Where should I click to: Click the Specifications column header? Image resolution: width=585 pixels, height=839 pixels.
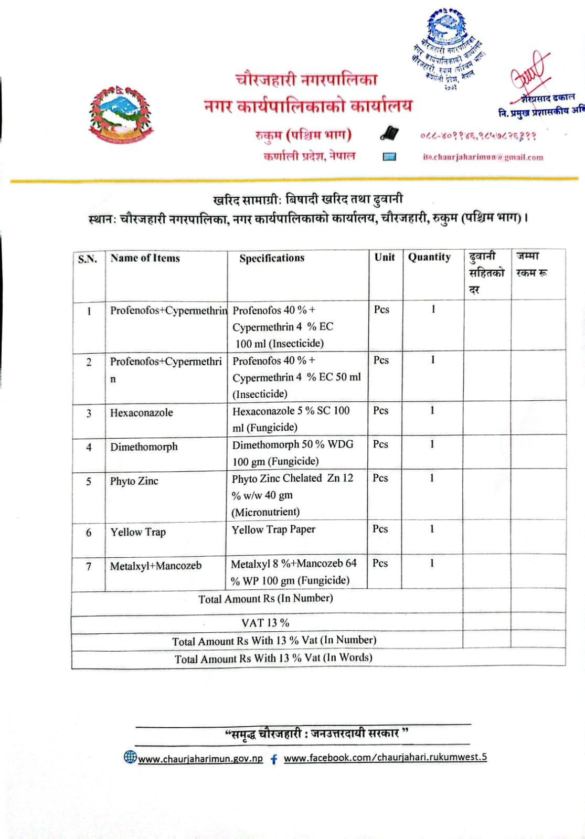tap(272, 258)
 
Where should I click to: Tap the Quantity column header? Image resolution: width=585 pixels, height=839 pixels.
tap(429, 257)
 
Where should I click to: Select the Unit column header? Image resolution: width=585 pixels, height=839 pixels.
tap(385, 257)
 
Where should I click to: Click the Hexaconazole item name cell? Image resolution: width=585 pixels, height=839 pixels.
tap(141, 412)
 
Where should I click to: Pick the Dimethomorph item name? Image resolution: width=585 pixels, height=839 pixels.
tap(144, 447)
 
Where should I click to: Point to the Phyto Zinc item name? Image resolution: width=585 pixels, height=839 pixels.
tap(134, 481)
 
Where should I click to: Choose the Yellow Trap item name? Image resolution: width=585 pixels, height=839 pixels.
tap(138, 532)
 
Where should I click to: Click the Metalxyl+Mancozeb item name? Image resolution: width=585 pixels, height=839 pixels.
tap(155, 566)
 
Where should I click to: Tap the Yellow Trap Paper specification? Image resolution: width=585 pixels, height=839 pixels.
tap(273, 529)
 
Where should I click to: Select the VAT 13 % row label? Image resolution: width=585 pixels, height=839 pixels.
tap(265, 623)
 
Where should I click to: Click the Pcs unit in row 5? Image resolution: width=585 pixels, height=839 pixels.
tap(380, 478)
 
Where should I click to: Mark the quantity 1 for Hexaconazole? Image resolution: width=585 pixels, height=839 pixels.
tap(432, 410)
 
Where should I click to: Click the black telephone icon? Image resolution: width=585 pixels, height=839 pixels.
tap(389, 134)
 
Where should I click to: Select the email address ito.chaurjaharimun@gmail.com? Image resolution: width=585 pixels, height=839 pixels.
tap(483, 157)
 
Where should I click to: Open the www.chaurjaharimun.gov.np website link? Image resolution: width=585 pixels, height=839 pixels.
tap(200, 759)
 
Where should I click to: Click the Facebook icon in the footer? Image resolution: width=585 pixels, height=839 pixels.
tap(274, 759)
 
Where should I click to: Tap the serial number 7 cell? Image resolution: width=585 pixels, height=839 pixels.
tap(89, 567)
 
